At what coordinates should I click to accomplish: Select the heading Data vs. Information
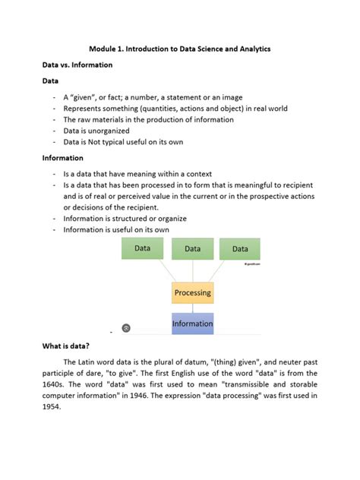[x=77, y=65]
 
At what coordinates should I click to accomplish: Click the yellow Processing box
[x=192, y=292]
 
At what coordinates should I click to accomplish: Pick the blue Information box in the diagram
[x=192, y=324]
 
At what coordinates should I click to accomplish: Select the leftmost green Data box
[x=142, y=248]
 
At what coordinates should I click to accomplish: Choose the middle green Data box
[x=192, y=248]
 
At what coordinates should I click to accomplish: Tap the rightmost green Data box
[x=240, y=248]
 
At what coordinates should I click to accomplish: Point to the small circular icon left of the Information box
[x=126, y=327]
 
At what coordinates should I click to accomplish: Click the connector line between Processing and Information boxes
[x=193, y=308]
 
